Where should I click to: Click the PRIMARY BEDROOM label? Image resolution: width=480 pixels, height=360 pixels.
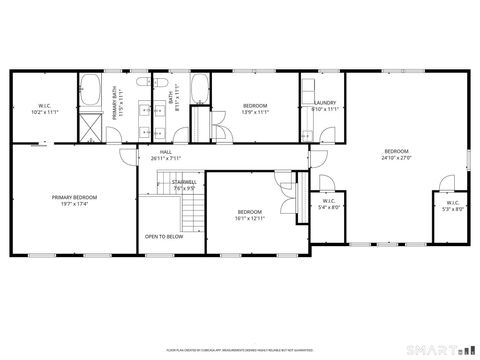pyautogui.click(x=74, y=197)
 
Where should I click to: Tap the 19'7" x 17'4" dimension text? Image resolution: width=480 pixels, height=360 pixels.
pyautogui.click(x=74, y=204)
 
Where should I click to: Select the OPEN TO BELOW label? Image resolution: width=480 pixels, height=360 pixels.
pyautogui.click(x=162, y=237)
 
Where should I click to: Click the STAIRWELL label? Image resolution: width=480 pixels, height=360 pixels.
pyautogui.click(x=182, y=182)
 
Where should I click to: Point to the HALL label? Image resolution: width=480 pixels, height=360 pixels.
pyautogui.click(x=166, y=152)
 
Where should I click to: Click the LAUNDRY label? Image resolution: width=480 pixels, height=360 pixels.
pyautogui.click(x=325, y=103)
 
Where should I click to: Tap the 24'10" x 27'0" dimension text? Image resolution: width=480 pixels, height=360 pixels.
pyautogui.click(x=396, y=158)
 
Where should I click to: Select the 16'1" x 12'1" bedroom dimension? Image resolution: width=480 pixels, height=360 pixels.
pyautogui.click(x=249, y=217)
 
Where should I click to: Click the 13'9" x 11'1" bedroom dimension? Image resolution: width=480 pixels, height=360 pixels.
pyautogui.click(x=256, y=112)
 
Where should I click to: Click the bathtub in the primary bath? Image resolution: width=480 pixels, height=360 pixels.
pyautogui.click(x=91, y=91)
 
